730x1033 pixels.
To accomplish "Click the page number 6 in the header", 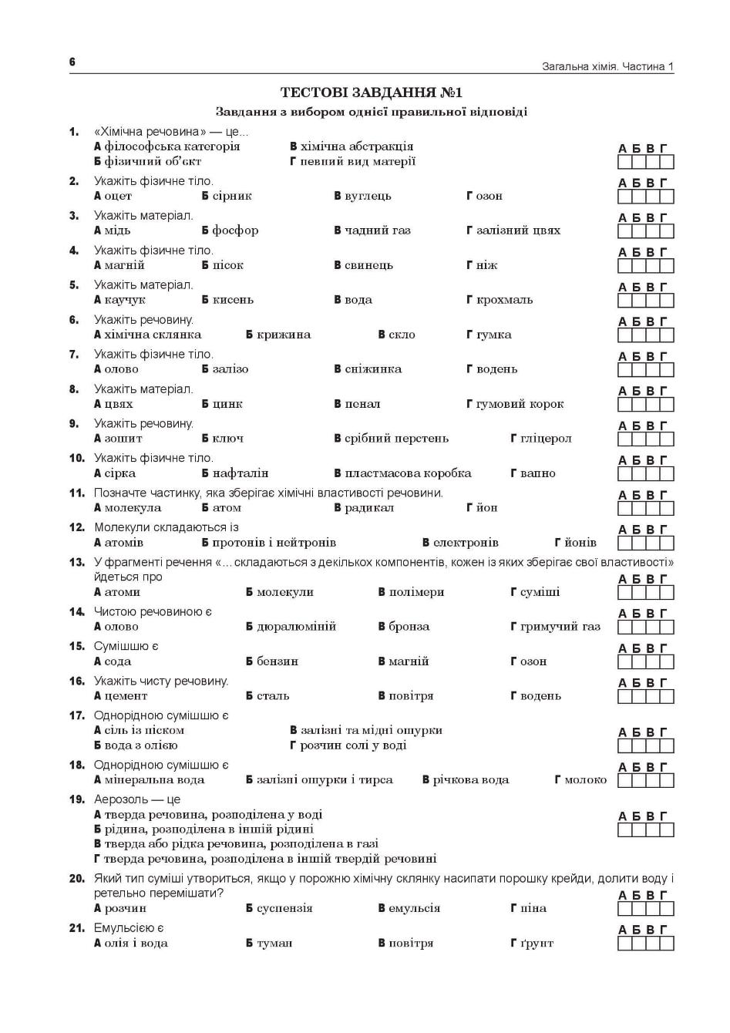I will pyautogui.click(x=72, y=62).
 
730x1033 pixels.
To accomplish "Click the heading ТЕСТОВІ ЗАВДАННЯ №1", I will pyautogui.click(x=371, y=93).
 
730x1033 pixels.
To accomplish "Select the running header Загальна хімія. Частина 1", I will pyautogui.click(x=607, y=66).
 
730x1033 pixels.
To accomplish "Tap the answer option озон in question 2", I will pyautogui.click(x=489, y=196).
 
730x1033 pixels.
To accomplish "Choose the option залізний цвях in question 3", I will pyautogui.click(x=518, y=230).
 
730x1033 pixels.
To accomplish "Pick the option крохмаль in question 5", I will pyautogui.click(x=504, y=300).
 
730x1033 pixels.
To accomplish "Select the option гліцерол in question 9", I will pyautogui.click(x=546, y=439).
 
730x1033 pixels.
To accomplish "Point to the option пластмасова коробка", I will pyautogui.click(x=408, y=473).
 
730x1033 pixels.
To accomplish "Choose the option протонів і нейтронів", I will pyautogui.click(x=274, y=543).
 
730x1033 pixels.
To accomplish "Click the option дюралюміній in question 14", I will pyautogui.click(x=296, y=627).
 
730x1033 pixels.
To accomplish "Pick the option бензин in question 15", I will pyautogui.click(x=277, y=661).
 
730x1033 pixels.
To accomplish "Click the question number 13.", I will pyautogui.click(x=76, y=562).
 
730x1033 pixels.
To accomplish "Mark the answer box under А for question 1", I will pyautogui.click(x=625, y=162).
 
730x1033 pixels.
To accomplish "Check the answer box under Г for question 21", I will pyautogui.click(x=667, y=944).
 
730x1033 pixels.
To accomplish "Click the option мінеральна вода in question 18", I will pyautogui.click(x=154, y=780).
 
